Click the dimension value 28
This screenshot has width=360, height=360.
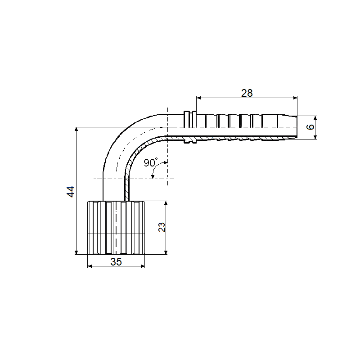click(x=247, y=93)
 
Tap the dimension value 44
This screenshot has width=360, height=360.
click(x=71, y=192)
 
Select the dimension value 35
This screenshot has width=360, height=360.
click(x=116, y=261)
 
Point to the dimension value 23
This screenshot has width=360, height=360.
click(x=162, y=227)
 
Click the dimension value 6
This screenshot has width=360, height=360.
click(x=310, y=127)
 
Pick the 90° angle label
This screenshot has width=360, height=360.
click(x=151, y=162)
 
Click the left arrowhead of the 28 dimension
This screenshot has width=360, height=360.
click(x=198, y=98)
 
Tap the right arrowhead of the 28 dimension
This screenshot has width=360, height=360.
click(x=295, y=98)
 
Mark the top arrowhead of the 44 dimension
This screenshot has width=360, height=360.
click(x=76, y=129)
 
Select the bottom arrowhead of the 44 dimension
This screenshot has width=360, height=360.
click(x=76, y=252)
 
